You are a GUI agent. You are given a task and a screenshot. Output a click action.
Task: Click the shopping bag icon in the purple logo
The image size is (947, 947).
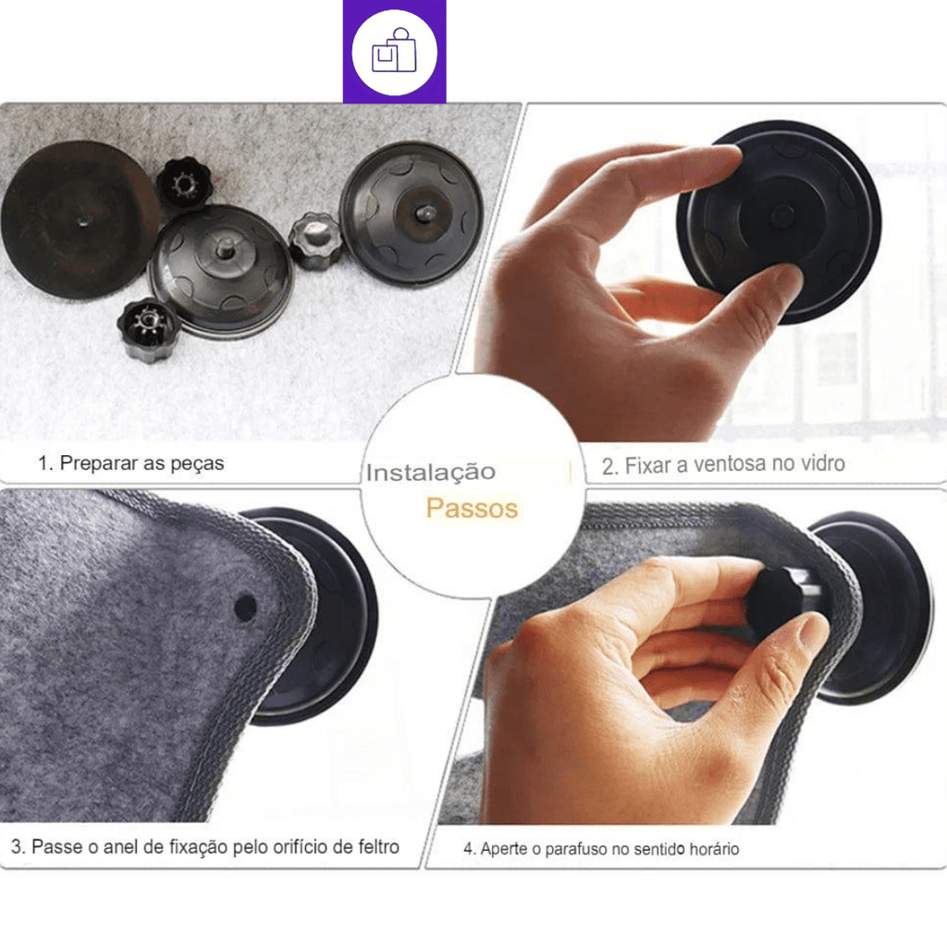click(x=394, y=52)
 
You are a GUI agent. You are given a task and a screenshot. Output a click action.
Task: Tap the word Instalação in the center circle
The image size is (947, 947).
click(x=431, y=473)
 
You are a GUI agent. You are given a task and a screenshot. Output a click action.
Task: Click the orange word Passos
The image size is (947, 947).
click(x=472, y=508)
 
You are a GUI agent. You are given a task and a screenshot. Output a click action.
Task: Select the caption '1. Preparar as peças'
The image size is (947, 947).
click(x=131, y=463)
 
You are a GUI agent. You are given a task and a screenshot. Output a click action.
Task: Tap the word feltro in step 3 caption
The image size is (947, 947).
click(x=378, y=847)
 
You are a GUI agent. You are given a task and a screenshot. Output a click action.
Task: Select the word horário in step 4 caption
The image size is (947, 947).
click(x=714, y=849)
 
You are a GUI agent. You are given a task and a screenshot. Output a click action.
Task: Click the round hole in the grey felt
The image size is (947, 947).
click(x=244, y=608)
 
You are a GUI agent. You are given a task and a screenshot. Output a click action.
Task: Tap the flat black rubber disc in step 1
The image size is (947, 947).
click(x=80, y=220)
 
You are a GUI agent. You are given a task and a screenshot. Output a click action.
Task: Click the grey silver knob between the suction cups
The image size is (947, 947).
click(x=314, y=240)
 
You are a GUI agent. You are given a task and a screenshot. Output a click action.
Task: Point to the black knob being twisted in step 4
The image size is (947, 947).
click(x=774, y=602)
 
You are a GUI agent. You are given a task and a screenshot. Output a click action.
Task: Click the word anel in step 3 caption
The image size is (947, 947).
click(x=117, y=847)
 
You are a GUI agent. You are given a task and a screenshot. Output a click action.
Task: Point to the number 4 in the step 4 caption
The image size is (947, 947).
click(x=468, y=849)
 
